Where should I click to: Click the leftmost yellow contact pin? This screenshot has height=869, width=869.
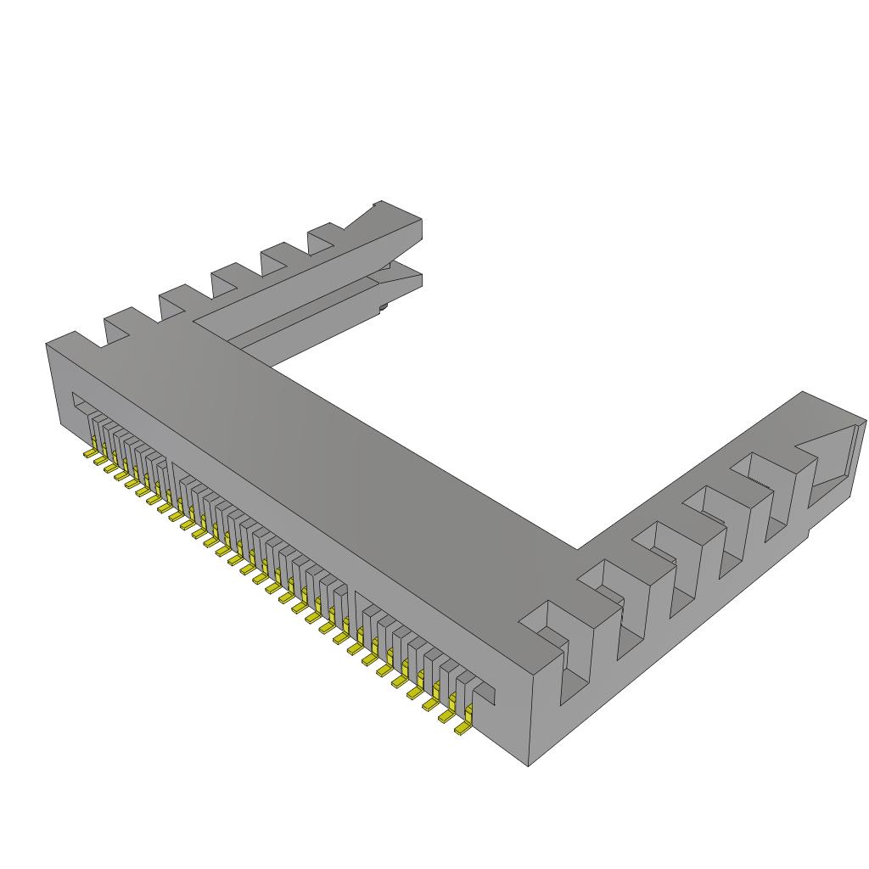click(88, 454)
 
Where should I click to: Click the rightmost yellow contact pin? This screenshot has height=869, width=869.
click(463, 727)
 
